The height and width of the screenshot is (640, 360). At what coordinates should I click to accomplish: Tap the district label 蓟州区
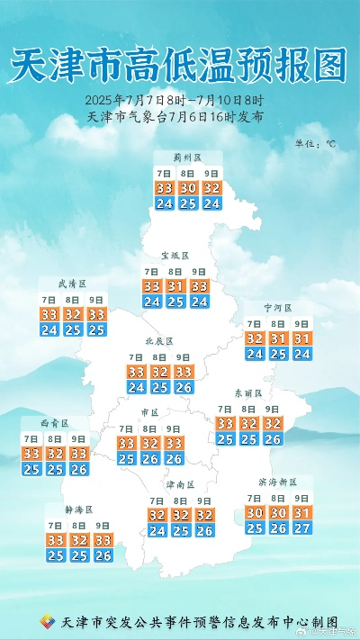click(188, 158)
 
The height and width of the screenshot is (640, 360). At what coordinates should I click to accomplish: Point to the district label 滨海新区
click(278, 482)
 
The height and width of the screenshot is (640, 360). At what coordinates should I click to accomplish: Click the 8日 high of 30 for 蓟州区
click(188, 188)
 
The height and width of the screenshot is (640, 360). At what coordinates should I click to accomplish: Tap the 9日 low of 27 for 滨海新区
click(301, 527)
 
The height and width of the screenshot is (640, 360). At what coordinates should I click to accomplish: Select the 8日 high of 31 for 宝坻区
click(175, 286)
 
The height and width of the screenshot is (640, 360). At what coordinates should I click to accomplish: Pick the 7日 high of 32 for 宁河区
click(255, 338)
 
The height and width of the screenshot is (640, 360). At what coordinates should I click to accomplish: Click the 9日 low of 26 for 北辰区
click(183, 387)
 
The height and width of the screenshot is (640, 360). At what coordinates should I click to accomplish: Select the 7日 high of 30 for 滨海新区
click(255, 512)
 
